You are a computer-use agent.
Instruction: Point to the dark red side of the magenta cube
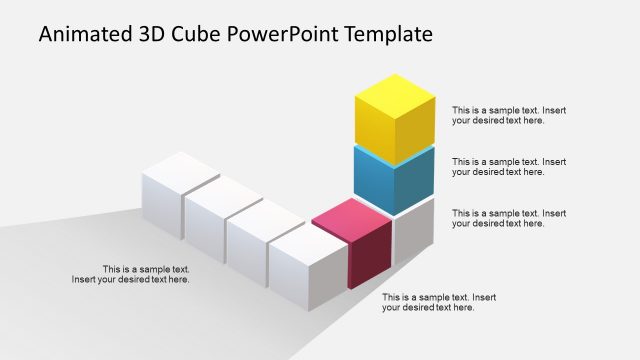point(370,256)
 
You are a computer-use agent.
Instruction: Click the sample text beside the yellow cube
point(509,115)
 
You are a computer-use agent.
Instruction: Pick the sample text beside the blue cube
point(509,166)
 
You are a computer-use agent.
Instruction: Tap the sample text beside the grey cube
point(509,218)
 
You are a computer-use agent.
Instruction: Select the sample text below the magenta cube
point(439,302)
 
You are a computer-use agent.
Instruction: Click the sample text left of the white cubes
point(131,274)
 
